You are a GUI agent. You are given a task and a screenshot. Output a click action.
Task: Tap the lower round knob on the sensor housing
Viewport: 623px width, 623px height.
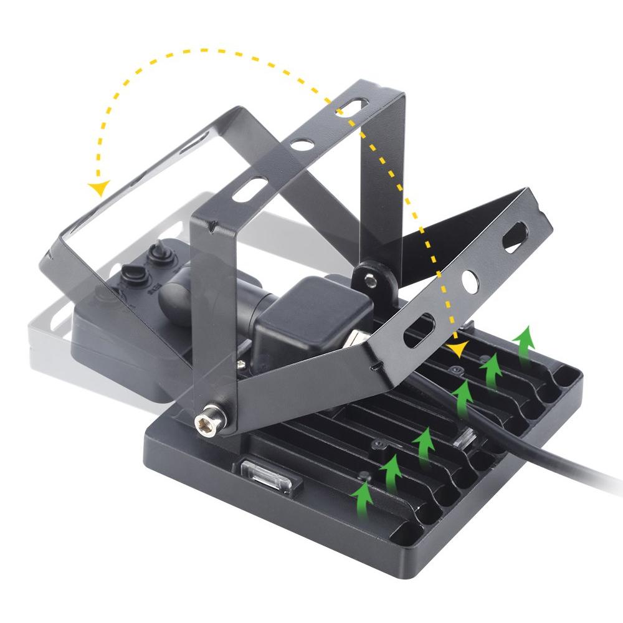[x=132, y=275]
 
